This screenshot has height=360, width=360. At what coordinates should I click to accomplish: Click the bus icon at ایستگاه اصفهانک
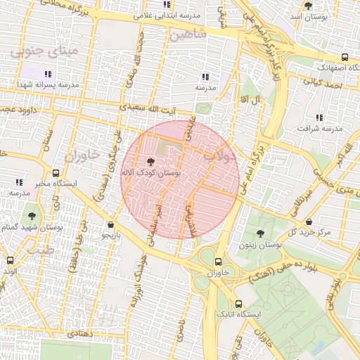tap(344, 58)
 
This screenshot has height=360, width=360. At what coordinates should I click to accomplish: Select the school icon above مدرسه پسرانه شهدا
tap(48, 73)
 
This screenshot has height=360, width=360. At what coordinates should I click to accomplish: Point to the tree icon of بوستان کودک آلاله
tap(150, 161)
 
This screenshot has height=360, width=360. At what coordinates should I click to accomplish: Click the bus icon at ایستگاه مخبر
tap(56, 173)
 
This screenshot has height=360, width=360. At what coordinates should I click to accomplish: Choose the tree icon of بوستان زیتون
tap(260, 233)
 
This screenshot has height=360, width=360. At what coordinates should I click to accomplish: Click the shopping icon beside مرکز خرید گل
tap(326, 220)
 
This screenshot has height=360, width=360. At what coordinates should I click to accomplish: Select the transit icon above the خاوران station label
tap(217, 259)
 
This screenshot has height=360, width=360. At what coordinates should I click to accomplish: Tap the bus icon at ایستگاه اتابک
tap(238, 304)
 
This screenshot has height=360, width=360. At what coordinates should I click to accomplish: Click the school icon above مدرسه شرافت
tap(319, 117)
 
